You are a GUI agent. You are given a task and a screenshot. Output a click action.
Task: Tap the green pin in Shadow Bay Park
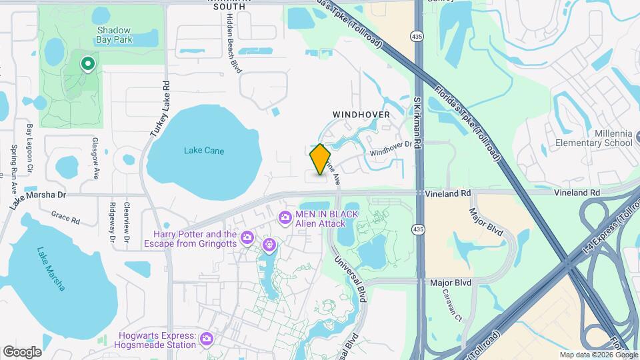87,63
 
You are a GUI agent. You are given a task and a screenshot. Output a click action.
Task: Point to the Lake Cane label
204,151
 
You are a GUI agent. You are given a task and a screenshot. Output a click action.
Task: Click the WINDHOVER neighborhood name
361,115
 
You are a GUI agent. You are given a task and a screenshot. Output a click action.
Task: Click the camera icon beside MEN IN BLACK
285,217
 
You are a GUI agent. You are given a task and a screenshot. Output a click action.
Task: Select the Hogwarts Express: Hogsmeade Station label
157,340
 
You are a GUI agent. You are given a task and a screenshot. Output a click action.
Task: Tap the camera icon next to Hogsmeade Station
206,340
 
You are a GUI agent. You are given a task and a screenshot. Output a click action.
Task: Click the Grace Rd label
65,217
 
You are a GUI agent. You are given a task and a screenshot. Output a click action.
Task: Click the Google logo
22,351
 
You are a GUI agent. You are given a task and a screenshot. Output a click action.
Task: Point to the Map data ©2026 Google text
598,355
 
